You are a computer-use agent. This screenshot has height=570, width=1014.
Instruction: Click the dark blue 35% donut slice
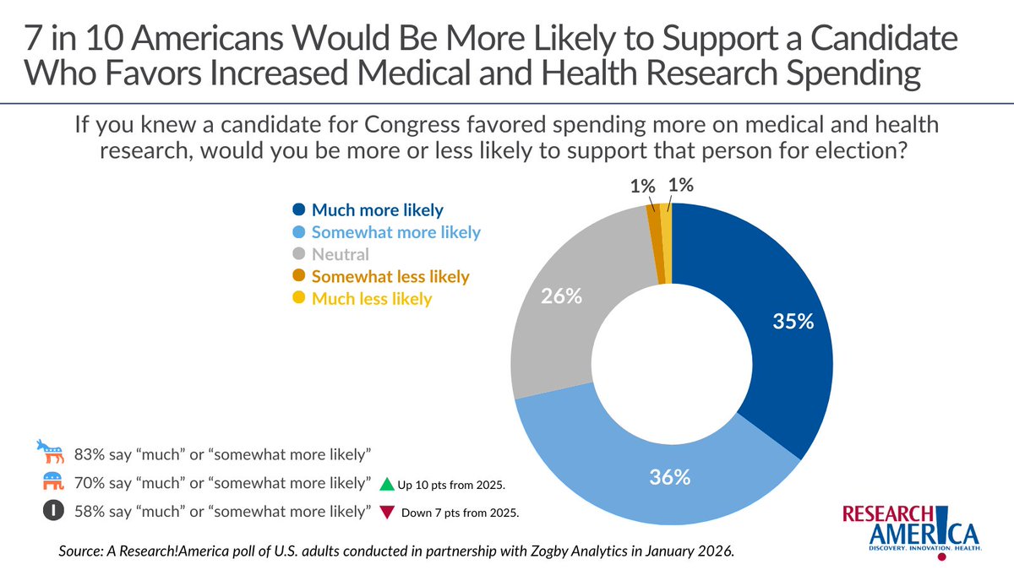click(x=760, y=329)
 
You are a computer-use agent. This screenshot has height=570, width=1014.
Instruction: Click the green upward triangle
click(x=386, y=485)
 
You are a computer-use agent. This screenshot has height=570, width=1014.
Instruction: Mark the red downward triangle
click(x=386, y=513)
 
